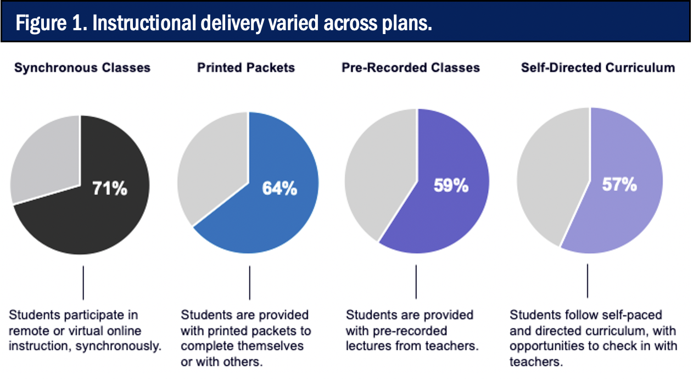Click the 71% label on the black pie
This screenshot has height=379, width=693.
[x=110, y=188]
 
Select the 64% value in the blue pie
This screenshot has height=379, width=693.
[x=280, y=188]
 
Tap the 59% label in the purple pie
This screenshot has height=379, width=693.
[x=451, y=186]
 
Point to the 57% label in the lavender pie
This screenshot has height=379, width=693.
[x=619, y=185]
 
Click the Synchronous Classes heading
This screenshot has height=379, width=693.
[x=82, y=68]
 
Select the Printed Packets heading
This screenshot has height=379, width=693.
[x=246, y=68]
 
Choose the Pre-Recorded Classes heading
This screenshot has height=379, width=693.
[x=411, y=68]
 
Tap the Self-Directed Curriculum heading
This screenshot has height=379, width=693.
[x=598, y=68]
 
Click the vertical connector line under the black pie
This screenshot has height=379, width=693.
[x=83, y=283]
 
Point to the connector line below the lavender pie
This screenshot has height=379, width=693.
[x=588, y=281]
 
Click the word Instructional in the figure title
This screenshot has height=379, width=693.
[x=144, y=23]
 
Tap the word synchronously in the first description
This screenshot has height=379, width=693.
[x=119, y=346]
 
